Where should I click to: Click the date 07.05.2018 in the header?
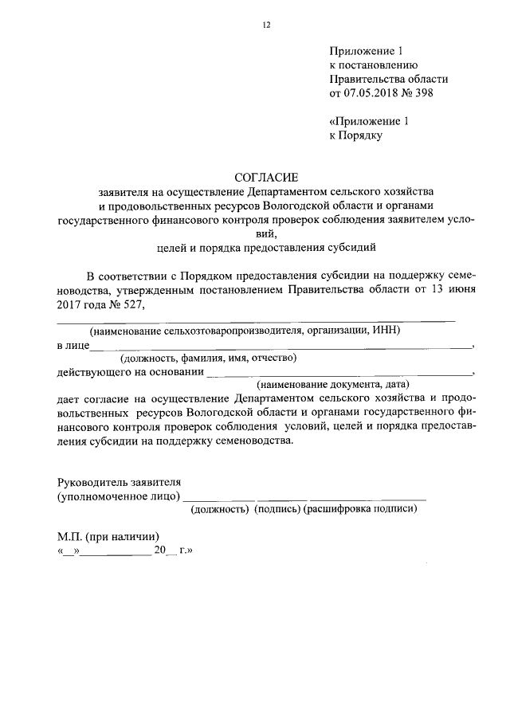[x=371, y=93]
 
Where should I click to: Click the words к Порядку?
[x=356, y=136]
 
